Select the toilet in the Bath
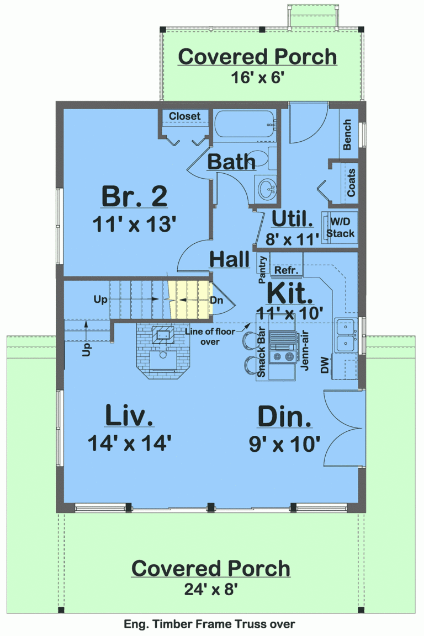259,159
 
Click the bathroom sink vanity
268,189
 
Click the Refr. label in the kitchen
286,271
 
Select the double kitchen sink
346,335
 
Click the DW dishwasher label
326,367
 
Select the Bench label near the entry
347,135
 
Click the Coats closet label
351,183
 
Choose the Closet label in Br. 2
184,116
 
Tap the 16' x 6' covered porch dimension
257,77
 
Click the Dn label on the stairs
216,301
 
